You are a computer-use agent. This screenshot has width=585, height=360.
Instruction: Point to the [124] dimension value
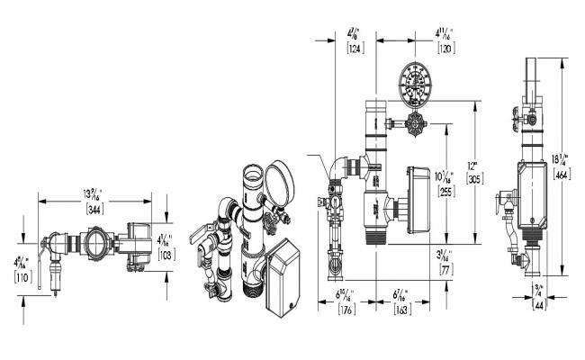[x=355, y=48]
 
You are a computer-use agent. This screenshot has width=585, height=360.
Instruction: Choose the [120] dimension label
[x=445, y=48]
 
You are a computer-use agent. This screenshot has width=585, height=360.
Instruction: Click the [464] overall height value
[x=562, y=175]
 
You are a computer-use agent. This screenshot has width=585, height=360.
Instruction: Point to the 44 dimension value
[x=539, y=305]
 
